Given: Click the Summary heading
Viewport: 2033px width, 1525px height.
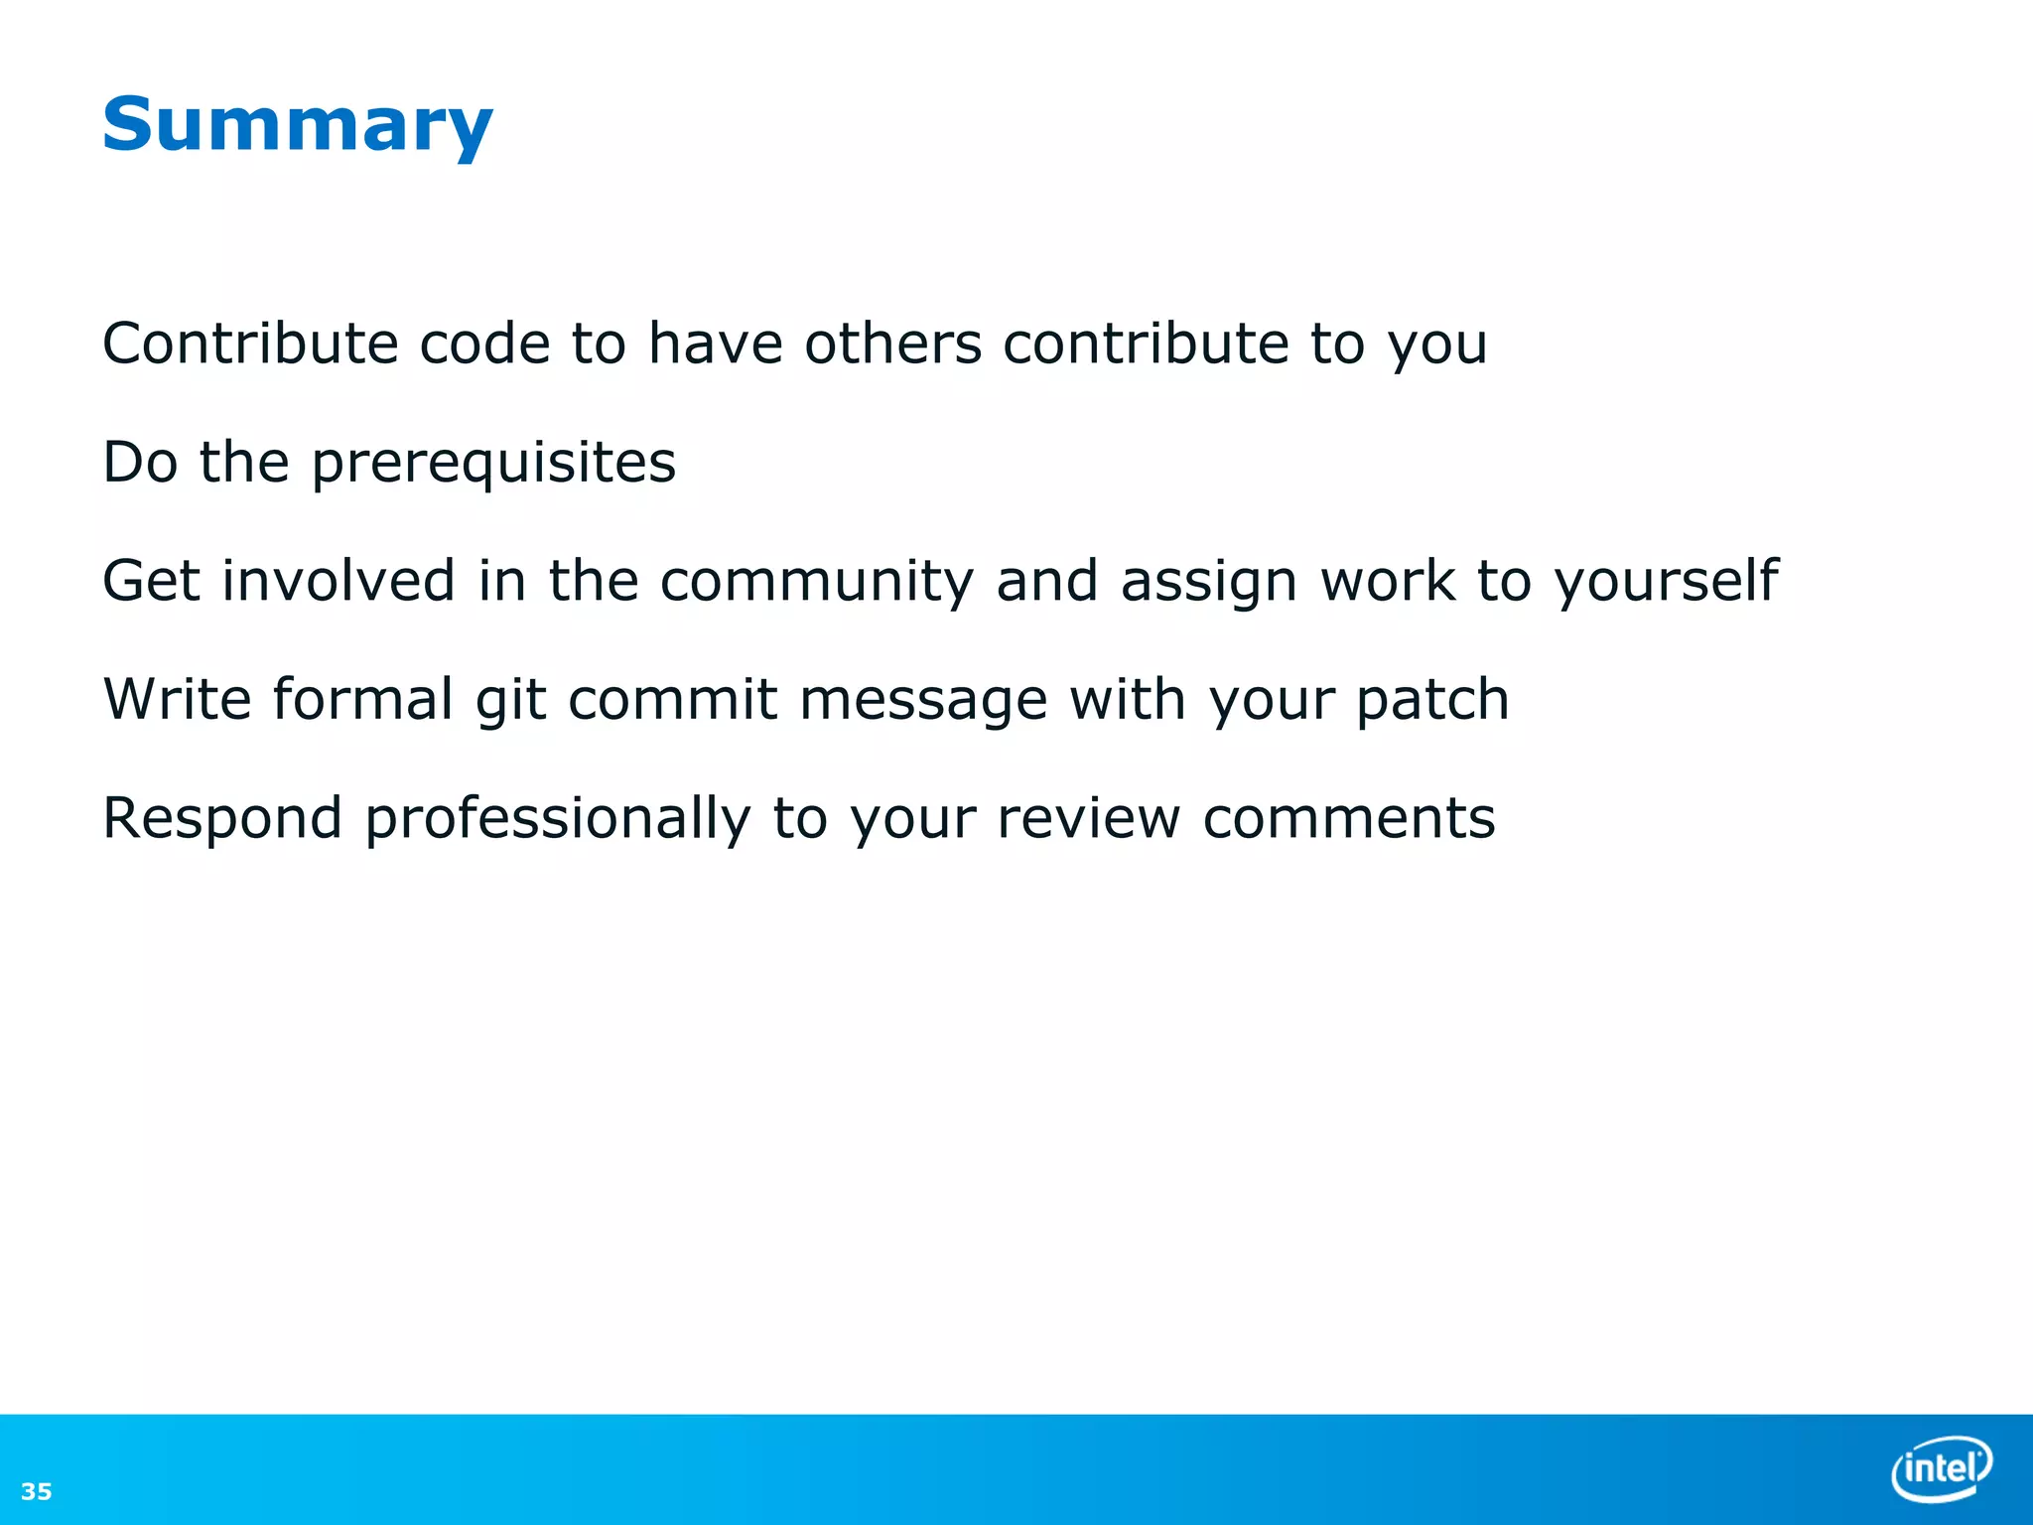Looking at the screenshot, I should pos(297,125).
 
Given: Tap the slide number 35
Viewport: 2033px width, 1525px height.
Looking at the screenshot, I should pos(37,1491).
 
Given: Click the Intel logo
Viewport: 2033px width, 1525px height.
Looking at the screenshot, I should pos(1942,1467).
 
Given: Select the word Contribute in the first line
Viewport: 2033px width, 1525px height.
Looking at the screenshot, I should pos(250,344).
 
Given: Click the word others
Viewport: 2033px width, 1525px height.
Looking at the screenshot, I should pos(892,344).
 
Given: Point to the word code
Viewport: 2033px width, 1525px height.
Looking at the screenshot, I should pos(484,344).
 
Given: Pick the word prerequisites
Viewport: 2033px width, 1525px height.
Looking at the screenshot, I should pos(493,464).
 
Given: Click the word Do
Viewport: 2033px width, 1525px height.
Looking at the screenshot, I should pos(140,463).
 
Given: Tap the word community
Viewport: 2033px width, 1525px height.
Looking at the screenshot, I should pos(816,582).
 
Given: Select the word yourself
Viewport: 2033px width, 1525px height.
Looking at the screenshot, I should pos(1666,582).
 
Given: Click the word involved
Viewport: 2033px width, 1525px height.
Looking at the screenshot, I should pos(339,581).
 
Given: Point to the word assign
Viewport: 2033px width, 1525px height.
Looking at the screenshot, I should pos(1208,583).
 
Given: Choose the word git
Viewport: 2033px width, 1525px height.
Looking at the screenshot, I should pos(510,701).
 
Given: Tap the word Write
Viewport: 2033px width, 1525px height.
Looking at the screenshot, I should pos(178,699).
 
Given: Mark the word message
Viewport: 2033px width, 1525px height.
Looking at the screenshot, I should pos(923,701).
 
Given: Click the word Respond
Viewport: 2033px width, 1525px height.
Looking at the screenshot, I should pos(222,820).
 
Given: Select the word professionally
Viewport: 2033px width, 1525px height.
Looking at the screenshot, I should pos(558,820).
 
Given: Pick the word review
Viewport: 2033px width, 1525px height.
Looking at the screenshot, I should pos(1088,819).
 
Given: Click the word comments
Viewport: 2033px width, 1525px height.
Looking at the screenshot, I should pos(1348,819).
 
